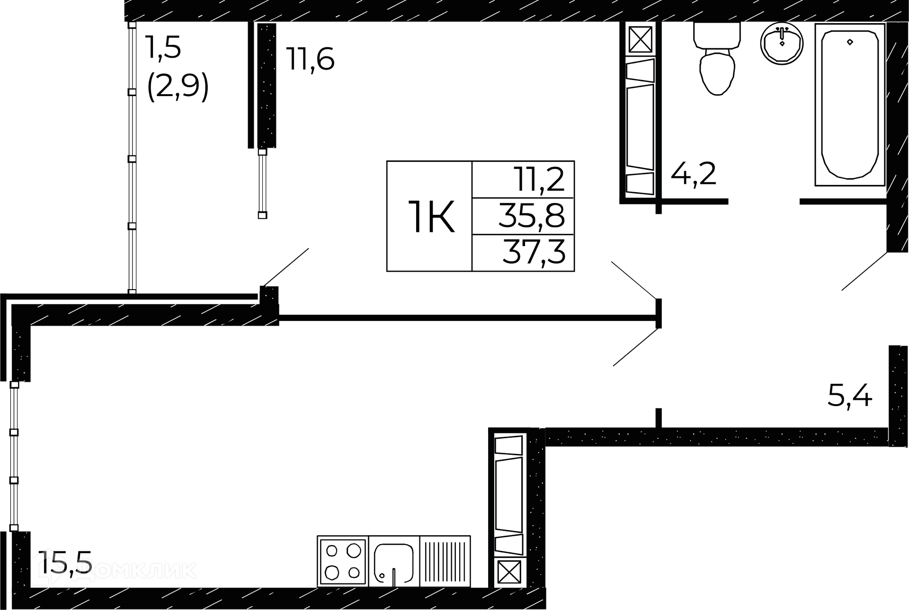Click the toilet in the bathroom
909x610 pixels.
tap(718, 59)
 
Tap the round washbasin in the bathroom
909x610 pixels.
tap(782, 43)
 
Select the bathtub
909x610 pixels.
tap(850, 105)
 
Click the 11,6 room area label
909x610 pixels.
tap(310, 60)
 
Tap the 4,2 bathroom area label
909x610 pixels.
tap(693, 174)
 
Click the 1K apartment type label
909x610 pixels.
tap(431, 217)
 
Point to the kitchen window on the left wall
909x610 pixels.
tap(14, 457)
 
